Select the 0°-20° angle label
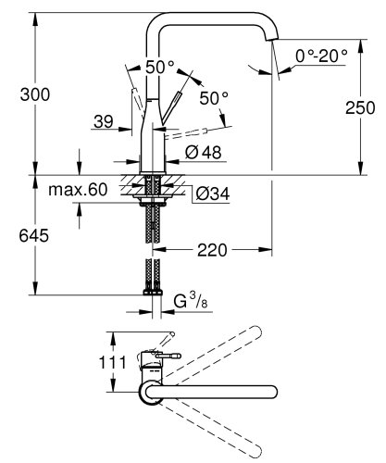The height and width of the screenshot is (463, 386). coord(320,56)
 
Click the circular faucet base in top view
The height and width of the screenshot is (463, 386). coord(150,393)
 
